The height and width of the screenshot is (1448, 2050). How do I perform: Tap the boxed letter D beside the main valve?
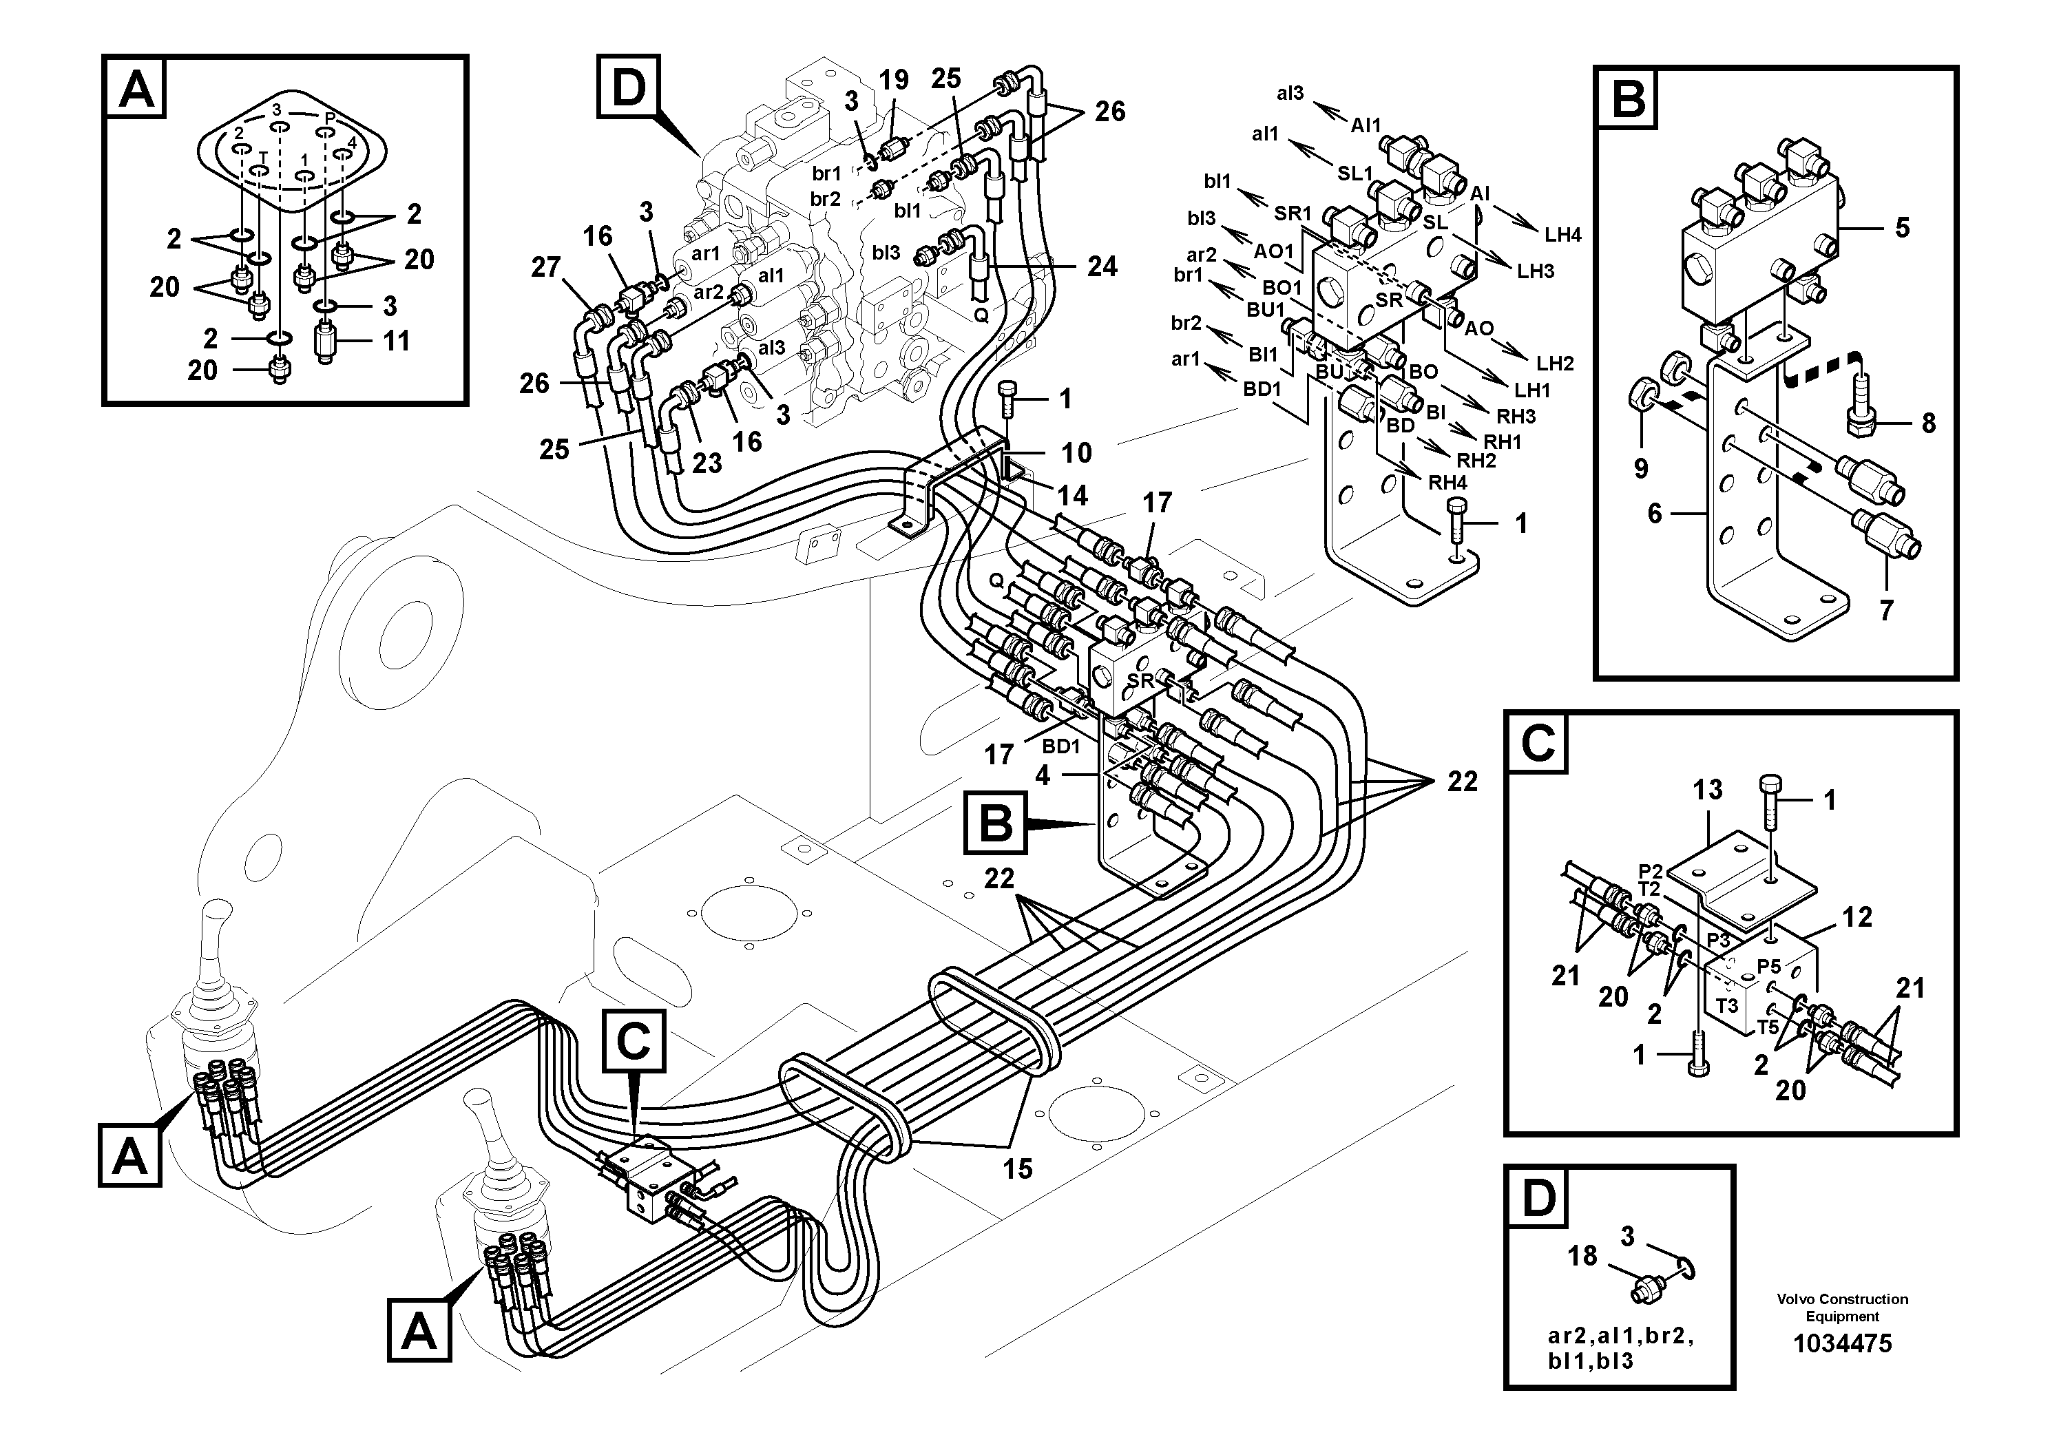tap(629, 88)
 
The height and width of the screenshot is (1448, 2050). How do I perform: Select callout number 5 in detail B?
tap(1902, 229)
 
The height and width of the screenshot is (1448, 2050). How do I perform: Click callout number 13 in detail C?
tap(1707, 790)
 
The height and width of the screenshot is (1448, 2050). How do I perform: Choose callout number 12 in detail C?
tap(1857, 917)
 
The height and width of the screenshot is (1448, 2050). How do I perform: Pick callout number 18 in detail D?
tap(1582, 1256)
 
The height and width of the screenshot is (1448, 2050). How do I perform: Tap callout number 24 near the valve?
tap(1102, 267)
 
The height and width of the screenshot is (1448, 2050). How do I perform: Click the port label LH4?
tap(1562, 235)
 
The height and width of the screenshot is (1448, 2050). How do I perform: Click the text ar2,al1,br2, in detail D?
tap(1620, 1336)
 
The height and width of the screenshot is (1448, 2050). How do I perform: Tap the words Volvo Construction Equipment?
tap(1842, 1307)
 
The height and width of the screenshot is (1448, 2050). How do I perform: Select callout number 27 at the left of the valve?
tap(545, 267)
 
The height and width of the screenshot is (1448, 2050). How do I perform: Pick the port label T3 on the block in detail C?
tap(1727, 1006)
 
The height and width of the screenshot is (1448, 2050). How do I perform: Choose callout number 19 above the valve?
tap(894, 81)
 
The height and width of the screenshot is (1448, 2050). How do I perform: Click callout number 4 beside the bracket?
tap(1042, 776)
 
